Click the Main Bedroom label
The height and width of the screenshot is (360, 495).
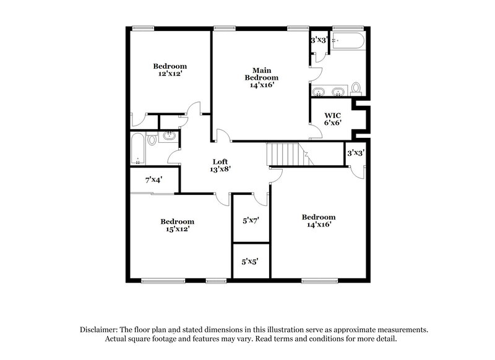tap(261, 74)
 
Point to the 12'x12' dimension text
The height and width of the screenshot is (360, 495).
tap(170, 74)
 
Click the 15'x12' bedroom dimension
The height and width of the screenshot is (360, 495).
tap(177, 229)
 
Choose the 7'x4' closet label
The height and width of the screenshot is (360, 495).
tap(153, 181)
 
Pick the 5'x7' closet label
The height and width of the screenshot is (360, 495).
tap(251, 220)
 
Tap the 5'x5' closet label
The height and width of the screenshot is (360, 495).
tap(251, 262)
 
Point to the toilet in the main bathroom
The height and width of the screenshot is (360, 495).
tap(356, 89)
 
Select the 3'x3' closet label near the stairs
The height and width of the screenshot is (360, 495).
tap(355, 153)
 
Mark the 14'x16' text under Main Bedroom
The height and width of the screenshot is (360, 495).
tap(261, 85)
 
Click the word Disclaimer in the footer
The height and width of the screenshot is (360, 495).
tap(101, 330)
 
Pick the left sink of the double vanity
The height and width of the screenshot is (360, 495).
tap(319, 93)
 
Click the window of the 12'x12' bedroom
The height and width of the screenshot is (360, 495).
tap(143, 27)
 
